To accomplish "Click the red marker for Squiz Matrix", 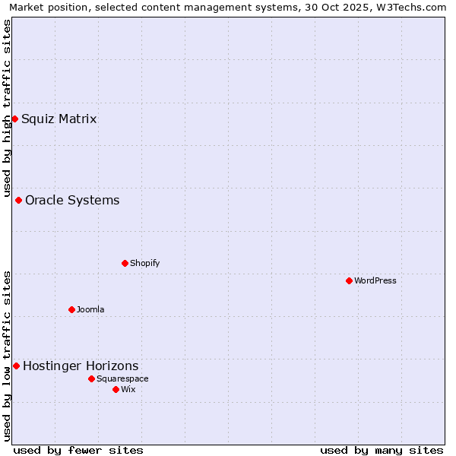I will click(14, 119).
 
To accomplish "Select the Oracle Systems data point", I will click(18, 200).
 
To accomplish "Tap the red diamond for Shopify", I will click(125, 263).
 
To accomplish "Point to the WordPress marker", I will click(349, 280).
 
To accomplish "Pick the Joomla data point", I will click(71, 309).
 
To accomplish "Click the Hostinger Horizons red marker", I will click(16, 366).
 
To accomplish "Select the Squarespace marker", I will click(91, 378).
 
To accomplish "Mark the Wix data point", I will click(116, 389).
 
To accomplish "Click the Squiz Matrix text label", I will click(59, 119).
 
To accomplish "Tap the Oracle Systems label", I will click(72, 200).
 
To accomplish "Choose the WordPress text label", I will click(375, 280).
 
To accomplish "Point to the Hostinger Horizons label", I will click(81, 366).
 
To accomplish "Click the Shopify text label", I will click(144, 263).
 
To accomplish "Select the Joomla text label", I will click(90, 309).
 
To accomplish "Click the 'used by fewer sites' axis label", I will click(78, 450).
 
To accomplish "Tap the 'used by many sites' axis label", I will click(382, 450).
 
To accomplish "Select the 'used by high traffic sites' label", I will click(7, 109).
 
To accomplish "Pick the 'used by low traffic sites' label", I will click(7, 355).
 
